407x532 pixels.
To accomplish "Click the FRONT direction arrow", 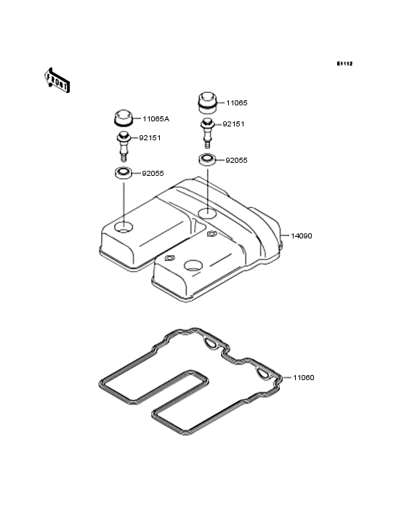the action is pyautogui.click(x=57, y=80).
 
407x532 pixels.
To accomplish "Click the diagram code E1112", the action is pyautogui.click(x=344, y=63).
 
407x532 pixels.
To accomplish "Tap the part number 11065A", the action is pyautogui.click(x=156, y=118).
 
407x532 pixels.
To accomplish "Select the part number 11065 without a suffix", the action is pyautogui.click(x=237, y=102).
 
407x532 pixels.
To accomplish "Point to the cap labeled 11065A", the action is pyautogui.click(x=123, y=118).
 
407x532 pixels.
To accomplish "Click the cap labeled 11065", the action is pyautogui.click(x=207, y=102).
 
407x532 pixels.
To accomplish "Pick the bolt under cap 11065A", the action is pyautogui.click(x=124, y=147).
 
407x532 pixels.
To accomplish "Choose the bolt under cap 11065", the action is pyautogui.click(x=207, y=133).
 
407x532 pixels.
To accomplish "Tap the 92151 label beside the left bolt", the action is pyautogui.click(x=150, y=138).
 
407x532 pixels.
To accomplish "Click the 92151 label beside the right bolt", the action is pyautogui.click(x=233, y=124).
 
